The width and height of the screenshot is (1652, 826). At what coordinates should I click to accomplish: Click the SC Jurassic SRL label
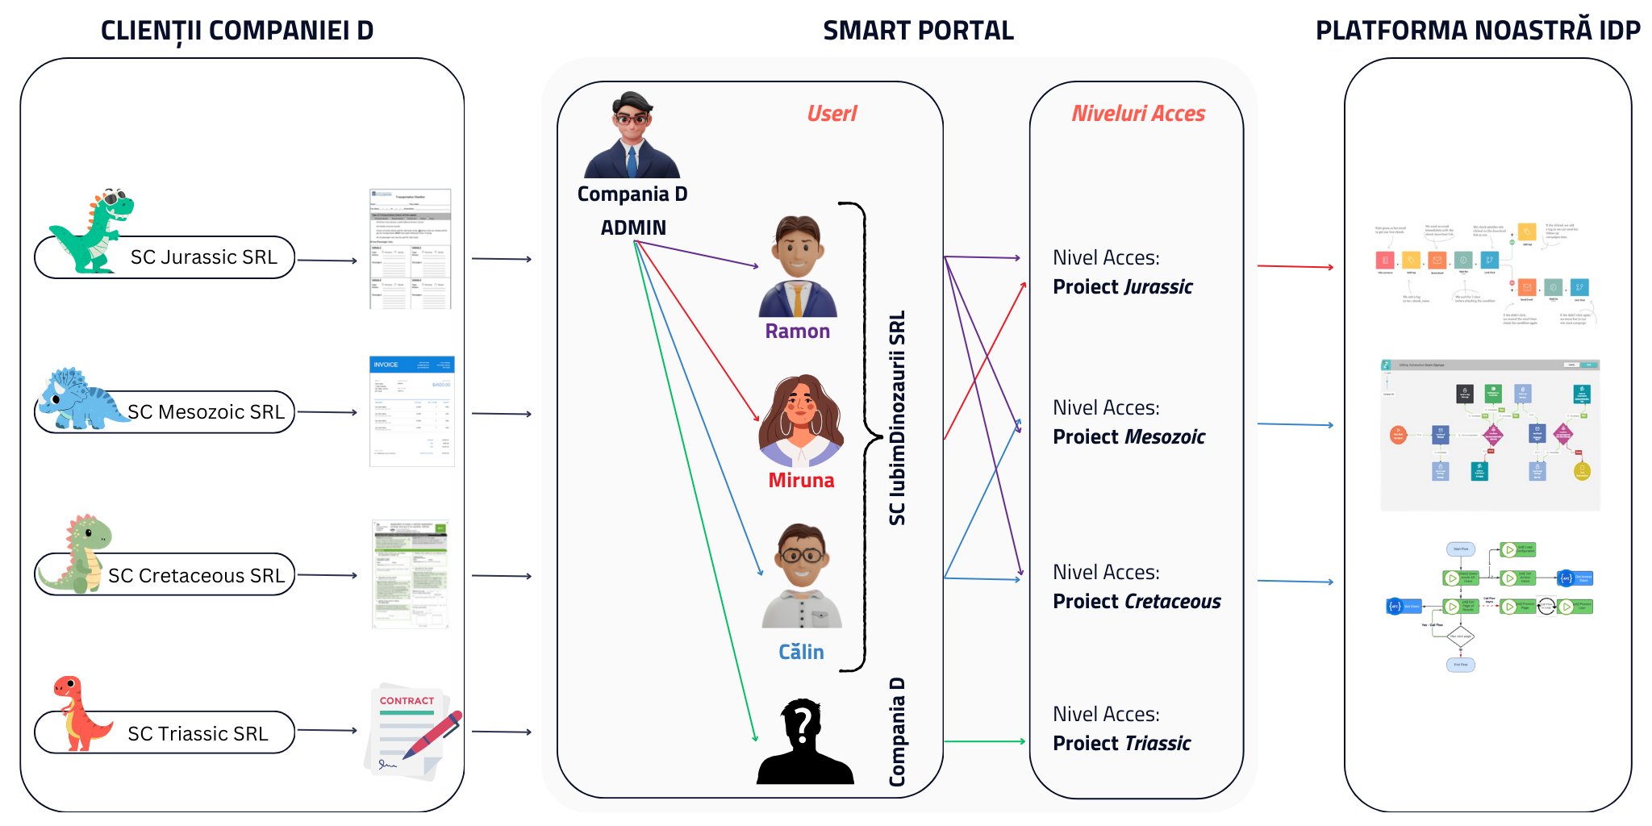203,257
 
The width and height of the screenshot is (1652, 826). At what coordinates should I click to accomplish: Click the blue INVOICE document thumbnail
411,411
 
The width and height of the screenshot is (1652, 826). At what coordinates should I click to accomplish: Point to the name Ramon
797,332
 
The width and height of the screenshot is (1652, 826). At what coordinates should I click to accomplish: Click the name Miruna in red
801,481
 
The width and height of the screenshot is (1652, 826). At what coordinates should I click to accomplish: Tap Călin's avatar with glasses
801,575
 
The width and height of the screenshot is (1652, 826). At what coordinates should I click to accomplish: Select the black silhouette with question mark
803,743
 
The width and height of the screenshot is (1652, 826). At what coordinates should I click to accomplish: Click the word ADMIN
633,228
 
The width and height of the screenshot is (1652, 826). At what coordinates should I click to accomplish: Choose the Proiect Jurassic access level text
1122,287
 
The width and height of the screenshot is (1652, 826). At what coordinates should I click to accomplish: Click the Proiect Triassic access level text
1121,744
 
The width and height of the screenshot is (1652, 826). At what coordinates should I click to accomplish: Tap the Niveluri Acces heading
1137,114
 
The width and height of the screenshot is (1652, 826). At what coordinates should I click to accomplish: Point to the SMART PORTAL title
918,31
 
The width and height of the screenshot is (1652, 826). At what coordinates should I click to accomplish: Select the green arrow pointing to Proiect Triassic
983,741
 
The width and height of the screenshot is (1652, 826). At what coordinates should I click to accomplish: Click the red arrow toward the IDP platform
1295,266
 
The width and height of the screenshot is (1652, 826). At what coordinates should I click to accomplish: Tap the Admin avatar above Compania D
632,136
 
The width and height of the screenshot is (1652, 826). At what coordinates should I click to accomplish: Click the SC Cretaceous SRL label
196,576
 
